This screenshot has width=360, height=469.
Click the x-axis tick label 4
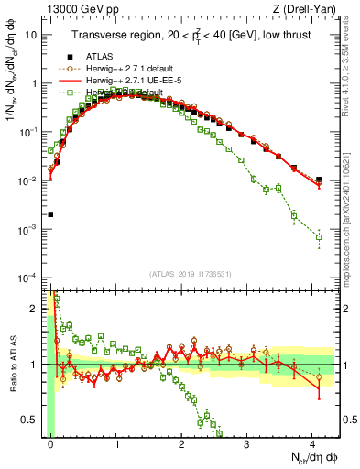(312, 442)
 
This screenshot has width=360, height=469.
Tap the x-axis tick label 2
(181, 442)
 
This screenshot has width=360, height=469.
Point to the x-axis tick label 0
(51, 442)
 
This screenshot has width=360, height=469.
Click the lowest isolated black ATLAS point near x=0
(50, 214)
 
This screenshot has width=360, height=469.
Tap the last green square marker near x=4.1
(319, 237)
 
